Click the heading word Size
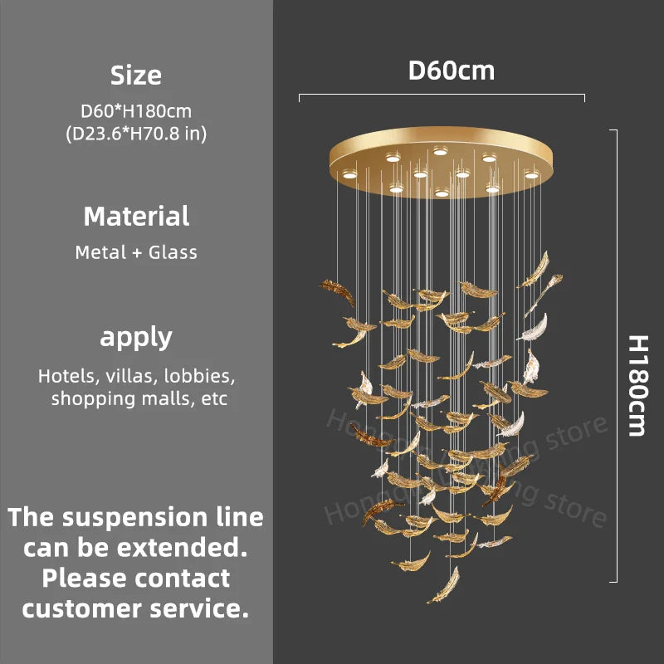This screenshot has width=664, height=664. [x=136, y=76]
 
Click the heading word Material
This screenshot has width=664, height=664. [x=136, y=217]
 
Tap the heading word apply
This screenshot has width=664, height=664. [x=136, y=338]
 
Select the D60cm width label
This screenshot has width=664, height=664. [x=451, y=71]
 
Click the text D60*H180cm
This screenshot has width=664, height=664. [x=136, y=110]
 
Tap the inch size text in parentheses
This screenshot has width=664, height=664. [x=136, y=133]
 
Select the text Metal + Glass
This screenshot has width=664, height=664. [x=136, y=252]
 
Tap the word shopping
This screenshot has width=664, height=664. [x=89, y=398]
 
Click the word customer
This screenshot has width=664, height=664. [x=81, y=608]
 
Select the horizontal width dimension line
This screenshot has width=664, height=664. [x=442, y=97]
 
